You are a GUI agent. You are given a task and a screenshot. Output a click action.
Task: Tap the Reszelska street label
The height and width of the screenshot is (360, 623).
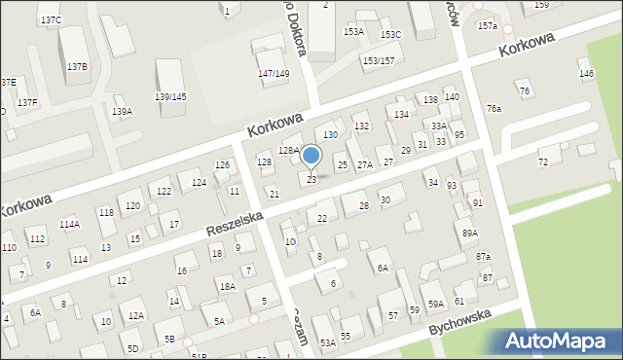point(234,221)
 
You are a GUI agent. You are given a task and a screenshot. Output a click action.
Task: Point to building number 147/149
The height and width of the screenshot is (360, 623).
point(274,74)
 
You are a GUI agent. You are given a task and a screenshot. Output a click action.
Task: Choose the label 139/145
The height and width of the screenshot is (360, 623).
point(170,96)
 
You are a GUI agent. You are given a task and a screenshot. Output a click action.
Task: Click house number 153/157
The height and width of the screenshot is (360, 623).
point(379,61)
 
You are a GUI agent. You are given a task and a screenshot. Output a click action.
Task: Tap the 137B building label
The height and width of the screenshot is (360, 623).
point(77,66)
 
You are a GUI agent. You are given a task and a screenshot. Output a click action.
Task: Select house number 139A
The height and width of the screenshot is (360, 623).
point(122,112)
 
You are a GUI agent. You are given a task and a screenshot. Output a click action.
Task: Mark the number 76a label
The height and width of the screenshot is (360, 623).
point(494,108)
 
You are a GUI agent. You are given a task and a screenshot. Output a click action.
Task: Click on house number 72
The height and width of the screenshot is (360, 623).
point(543,162)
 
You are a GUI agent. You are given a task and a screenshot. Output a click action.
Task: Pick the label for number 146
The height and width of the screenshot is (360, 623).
point(585,74)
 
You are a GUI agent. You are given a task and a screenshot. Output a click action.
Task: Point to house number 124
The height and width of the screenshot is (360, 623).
point(199,183)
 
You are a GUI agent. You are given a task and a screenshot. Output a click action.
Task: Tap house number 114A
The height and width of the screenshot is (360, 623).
point(69,224)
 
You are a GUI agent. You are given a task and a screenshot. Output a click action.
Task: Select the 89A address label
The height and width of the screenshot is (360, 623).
point(470,234)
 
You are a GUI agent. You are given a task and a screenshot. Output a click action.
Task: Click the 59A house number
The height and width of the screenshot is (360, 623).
point(436,305)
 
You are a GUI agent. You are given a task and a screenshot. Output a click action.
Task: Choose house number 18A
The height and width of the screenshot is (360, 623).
point(227,286)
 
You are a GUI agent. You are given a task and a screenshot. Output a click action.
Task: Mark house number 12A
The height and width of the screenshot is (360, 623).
point(136,315)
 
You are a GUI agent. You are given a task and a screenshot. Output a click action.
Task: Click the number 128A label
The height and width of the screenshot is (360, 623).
point(288,150)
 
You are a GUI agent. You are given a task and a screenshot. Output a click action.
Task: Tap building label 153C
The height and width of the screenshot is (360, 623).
point(390,35)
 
